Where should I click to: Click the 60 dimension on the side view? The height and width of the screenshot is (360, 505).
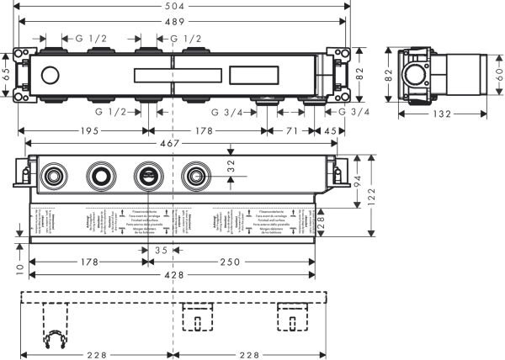498,73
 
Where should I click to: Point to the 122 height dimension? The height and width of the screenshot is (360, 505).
369,195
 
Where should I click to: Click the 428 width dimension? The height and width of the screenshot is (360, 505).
173,275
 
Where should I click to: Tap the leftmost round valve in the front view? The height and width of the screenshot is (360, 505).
56,177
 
